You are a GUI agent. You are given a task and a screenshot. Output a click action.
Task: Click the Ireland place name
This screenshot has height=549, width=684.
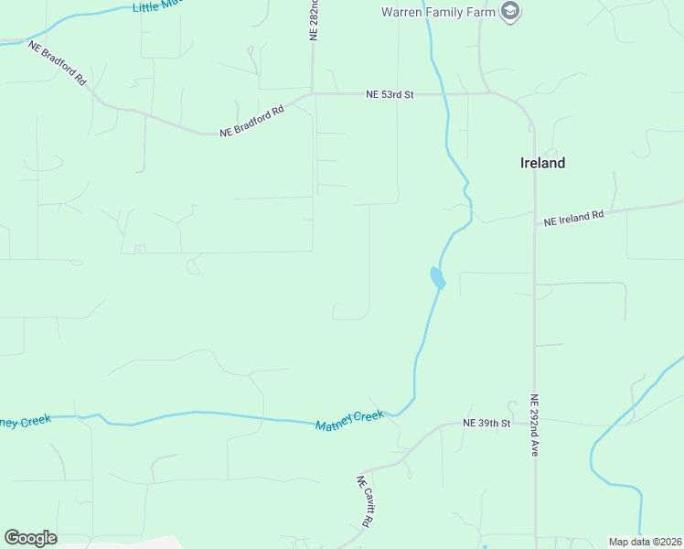[x=542, y=163]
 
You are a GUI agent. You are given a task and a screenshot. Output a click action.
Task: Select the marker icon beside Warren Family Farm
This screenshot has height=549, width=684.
[x=511, y=12]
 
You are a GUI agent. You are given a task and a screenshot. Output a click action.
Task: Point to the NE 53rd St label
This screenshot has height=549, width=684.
[x=390, y=93]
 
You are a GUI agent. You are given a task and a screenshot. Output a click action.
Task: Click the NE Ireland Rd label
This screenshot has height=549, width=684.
[x=574, y=219]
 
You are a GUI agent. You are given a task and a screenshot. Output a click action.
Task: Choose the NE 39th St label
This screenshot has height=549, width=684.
[x=486, y=423]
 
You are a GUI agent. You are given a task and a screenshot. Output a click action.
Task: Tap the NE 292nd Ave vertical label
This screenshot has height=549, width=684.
[x=535, y=425]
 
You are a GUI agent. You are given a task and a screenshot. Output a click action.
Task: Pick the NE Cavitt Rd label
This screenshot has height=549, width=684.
[x=365, y=501]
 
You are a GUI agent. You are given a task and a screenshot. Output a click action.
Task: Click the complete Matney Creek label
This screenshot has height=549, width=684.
[x=350, y=421]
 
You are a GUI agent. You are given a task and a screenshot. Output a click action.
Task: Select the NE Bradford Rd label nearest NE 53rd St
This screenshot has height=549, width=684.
[x=251, y=121]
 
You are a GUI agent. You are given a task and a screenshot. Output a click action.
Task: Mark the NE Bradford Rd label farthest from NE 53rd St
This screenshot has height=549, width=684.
[x=57, y=62]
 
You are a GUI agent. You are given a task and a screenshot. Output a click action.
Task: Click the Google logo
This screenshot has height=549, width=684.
[x=30, y=538]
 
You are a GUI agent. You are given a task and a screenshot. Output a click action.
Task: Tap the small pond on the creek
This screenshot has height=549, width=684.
[x=436, y=277]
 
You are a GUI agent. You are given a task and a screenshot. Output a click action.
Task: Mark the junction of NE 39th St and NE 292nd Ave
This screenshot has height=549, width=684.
[x=535, y=423]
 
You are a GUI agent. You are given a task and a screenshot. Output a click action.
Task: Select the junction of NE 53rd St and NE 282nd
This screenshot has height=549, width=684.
[x=313, y=93]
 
